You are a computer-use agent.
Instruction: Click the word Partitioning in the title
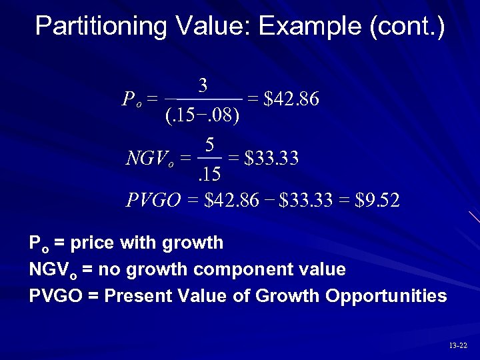(x=101, y=27)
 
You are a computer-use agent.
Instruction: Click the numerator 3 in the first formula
(x=203, y=86)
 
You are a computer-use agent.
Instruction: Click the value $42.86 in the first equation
(x=292, y=100)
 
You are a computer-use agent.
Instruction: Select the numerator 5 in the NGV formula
(x=209, y=144)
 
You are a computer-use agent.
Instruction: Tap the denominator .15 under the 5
(x=209, y=175)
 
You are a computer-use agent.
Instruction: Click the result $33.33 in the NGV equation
(x=271, y=159)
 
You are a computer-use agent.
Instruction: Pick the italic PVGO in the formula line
(x=153, y=200)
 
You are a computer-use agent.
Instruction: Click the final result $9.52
(x=378, y=200)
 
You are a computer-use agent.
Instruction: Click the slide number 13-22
(x=458, y=345)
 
